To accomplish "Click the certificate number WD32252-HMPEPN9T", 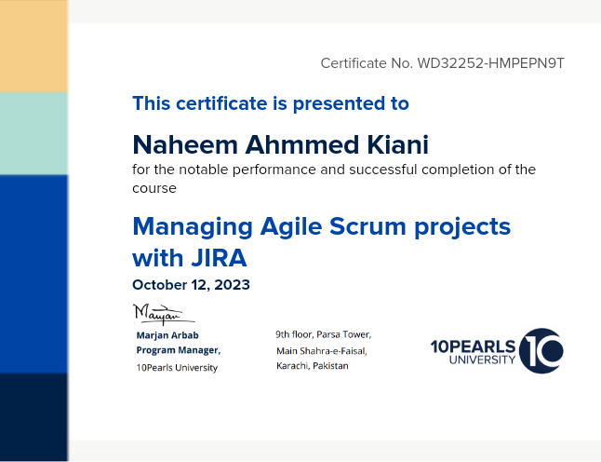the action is pos(490,63).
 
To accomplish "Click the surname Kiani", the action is pos(397,144).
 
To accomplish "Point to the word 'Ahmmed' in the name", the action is pos(302,144).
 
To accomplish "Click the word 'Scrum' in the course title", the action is pos(367,226).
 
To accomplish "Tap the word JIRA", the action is pos(219,257).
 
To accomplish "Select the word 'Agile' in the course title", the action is pos(291,226).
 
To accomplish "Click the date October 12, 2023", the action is pos(191,285).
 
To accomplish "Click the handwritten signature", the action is pos(163,314).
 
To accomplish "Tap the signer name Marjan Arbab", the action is pos(167,335).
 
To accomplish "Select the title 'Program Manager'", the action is pos(178,350).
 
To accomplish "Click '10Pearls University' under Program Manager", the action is pos(177,368).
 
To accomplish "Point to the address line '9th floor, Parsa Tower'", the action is pos(324,334).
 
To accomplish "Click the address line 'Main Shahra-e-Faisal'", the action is pos(322,351).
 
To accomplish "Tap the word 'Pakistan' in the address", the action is pos(330,366).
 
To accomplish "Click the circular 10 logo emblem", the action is pos(541,351).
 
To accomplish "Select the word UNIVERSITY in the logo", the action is pos(482,360).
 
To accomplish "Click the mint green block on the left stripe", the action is pos(33,133).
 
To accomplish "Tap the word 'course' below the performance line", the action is pos(154,188).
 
